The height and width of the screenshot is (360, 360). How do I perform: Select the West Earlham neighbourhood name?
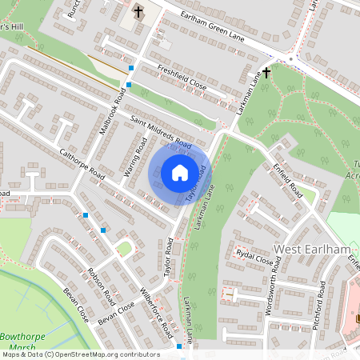click(x=313, y=250)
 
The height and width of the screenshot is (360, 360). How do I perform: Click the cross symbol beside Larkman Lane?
click(x=266, y=72)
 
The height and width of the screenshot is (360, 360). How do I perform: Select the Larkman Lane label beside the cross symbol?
click(x=250, y=91)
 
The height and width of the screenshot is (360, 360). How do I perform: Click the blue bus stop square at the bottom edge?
click(x=178, y=347)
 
